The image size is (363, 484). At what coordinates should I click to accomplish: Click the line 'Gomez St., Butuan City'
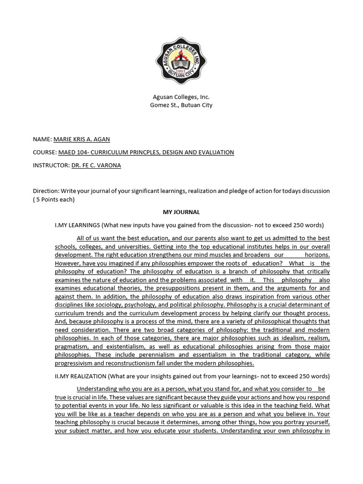coord(181,105)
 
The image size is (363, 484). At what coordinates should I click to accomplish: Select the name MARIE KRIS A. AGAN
coord(84,139)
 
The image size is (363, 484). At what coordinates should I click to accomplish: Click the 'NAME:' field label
coord(42,139)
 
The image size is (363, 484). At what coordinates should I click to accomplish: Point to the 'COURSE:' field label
coord(44,152)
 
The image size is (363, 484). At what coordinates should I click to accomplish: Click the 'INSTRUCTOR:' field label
coord(51,165)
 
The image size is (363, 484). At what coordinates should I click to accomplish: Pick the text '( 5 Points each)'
coord(54,199)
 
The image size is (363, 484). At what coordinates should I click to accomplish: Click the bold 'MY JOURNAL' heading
coord(181,212)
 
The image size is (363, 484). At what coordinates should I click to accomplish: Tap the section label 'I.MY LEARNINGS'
coord(77,225)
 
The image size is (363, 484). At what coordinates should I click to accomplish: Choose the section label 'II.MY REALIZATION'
coord(81,376)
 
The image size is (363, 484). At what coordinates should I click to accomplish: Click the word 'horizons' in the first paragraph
coord(317,255)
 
